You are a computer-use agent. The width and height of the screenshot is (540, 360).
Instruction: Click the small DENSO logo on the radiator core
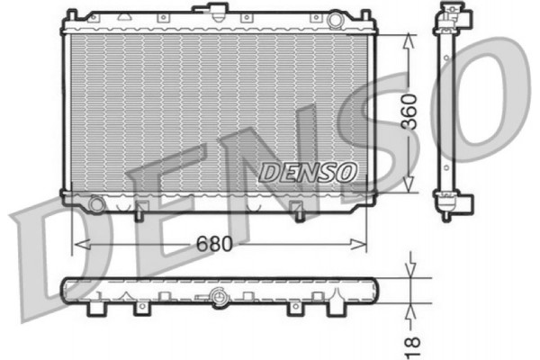(x=309, y=170)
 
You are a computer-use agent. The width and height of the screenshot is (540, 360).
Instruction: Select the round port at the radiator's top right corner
(x=336, y=19)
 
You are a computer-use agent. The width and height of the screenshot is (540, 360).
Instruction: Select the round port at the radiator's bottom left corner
(x=95, y=203)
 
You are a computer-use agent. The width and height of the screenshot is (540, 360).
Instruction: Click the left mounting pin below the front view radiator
(x=139, y=213)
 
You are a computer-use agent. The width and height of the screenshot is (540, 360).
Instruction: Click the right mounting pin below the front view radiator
(x=299, y=213)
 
